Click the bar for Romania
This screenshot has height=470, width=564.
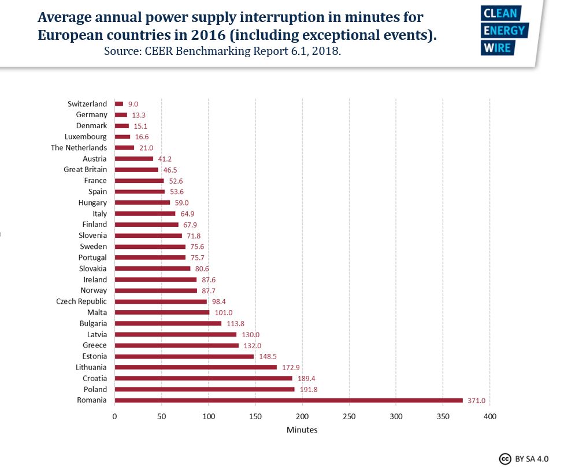click(288, 400)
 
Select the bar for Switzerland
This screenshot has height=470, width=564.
click(119, 104)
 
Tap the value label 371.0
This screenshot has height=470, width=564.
click(477, 400)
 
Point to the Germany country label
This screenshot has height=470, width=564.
click(91, 115)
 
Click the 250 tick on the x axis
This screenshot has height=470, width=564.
click(349, 416)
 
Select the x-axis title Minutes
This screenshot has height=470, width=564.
click(302, 430)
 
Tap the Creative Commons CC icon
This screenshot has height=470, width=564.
click(505, 458)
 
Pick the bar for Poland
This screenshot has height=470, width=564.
click(205, 389)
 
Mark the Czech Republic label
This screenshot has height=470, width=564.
click(81, 301)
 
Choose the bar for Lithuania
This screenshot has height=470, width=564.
click(195, 367)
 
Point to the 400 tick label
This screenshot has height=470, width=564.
click(489, 416)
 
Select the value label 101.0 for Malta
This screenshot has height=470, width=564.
click(223, 312)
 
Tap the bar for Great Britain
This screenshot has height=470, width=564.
click(136, 170)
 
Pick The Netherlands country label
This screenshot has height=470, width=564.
click(79, 148)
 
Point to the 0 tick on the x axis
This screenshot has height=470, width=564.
click(114, 416)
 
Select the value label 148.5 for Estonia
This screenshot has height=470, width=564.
click(268, 356)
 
